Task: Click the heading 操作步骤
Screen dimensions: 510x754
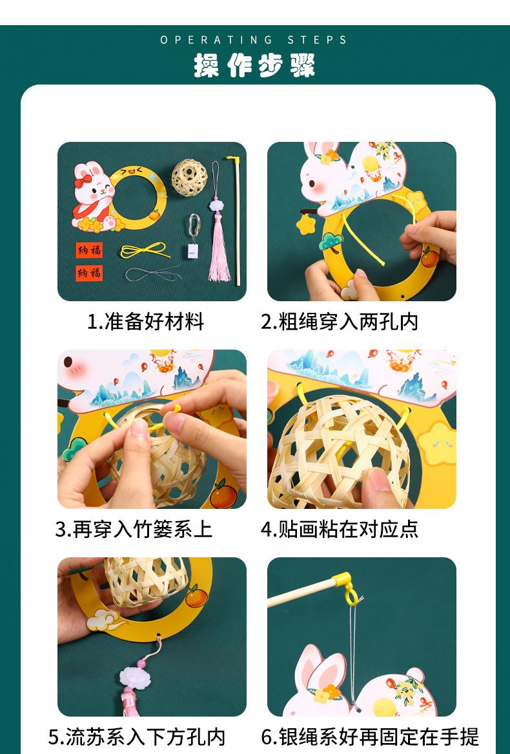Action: click(x=254, y=65)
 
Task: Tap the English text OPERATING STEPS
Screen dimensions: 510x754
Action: click(x=254, y=40)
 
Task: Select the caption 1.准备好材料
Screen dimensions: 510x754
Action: click(x=145, y=322)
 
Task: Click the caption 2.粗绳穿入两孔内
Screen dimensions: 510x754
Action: click(x=339, y=322)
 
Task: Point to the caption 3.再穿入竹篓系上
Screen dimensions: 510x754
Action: click(x=133, y=530)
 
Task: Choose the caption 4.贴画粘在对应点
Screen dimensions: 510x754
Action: click(x=339, y=530)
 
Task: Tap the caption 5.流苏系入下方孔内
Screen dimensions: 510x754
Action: click(x=137, y=737)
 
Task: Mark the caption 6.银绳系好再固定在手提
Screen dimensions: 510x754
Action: click(x=369, y=737)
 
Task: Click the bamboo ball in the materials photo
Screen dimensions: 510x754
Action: click(x=190, y=177)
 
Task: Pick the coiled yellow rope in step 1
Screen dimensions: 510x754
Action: click(x=145, y=250)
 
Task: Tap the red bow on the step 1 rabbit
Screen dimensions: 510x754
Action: click(x=83, y=181)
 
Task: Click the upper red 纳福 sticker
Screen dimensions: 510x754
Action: click(x=89, y=250)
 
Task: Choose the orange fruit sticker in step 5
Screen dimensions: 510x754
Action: click(x=196, y=596)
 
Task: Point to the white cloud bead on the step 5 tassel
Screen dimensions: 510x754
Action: click(x=135, y=677)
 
